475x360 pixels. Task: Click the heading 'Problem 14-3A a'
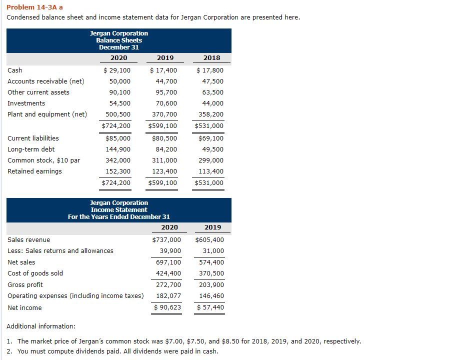(34, 7)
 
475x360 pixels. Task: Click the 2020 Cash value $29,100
(116, 70)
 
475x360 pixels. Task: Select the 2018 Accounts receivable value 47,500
(213, 81)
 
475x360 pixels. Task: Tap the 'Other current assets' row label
(38, 92)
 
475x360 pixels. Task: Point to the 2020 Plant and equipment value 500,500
(118, 114)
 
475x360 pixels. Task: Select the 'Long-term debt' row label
(31, 149)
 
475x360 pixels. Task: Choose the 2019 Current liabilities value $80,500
(164, 138)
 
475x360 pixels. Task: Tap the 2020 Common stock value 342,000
(118, 160)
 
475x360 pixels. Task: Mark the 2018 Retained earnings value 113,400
(212, 171)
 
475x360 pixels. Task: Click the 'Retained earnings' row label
(35, 171)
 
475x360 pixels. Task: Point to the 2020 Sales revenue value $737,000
(166, 240)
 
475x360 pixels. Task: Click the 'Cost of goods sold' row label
(35, 273)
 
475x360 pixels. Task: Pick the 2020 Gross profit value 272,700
(168, 285)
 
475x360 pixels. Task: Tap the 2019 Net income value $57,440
(210, 307)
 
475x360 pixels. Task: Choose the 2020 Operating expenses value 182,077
(168, 296)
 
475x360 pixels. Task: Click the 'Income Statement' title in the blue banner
(119, 210)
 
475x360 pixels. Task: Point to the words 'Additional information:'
(41, 326)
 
